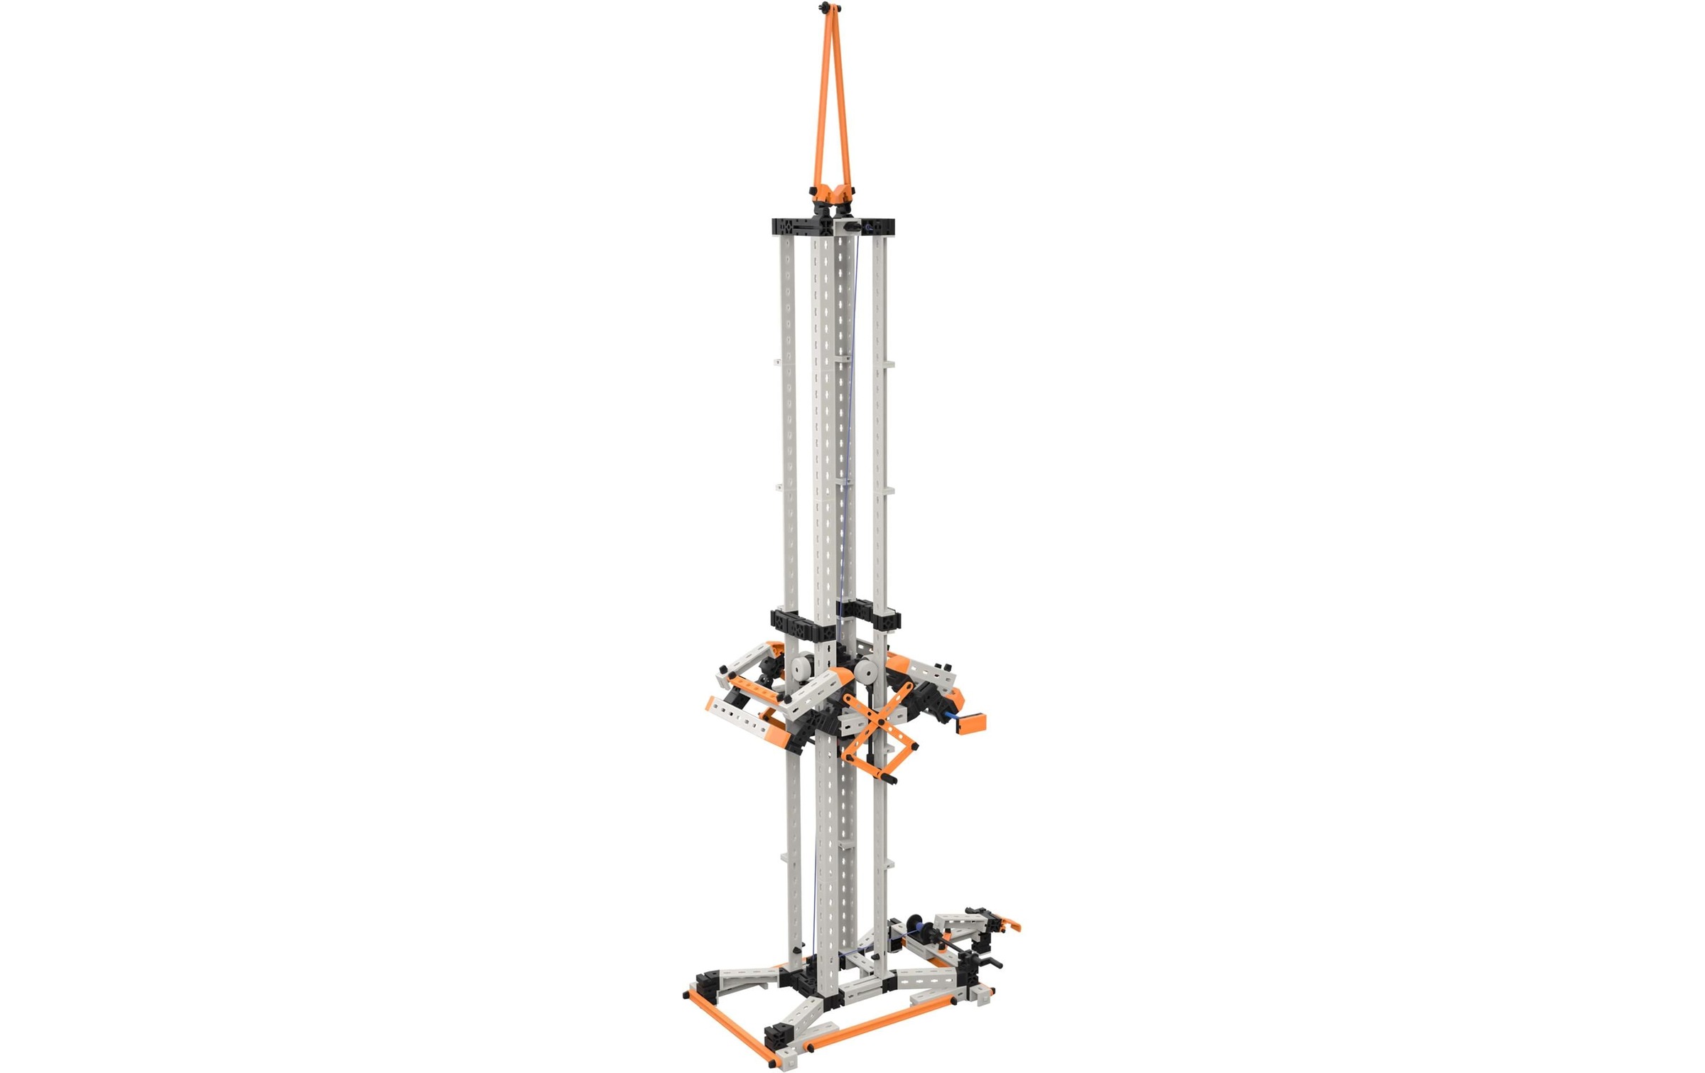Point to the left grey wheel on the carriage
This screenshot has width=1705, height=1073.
coord(801,669)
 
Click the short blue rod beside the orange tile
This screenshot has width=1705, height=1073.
coord(949,718)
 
